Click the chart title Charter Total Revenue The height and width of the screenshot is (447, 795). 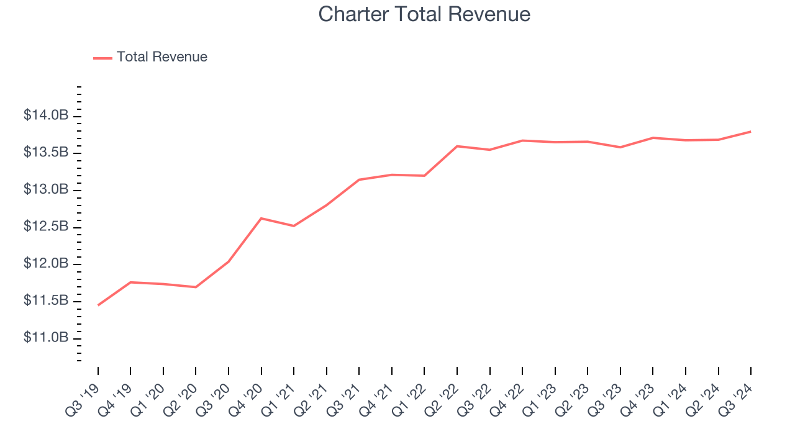pyautogui.click(x=424, y=14)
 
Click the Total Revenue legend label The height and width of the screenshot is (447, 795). pyautogui.click(x=161, y=57)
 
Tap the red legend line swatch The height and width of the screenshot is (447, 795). pyautogui.click(x=102, y=58)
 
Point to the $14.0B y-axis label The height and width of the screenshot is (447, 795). pyautogui.click(x=46, y=115)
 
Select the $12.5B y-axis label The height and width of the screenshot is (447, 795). pyautogui.click(x=46, y=227)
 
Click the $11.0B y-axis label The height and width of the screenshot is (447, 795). pyautogui.click(x=46, y=338)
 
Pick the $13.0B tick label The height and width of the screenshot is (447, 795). pyautogui.click(x=46, y=189)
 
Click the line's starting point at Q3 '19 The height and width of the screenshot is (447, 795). pyautogui.click(x=98, y=305)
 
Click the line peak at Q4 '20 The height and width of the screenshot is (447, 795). pyautogui.click(x=261, y=218)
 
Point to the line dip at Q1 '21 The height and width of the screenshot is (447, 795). pyautogui.click(x=294, y=226)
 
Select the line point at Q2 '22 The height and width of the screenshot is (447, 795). pyautogui.click(x=457, y=146)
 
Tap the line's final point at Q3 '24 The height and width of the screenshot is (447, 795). pyautogui.click(x=750, y=132)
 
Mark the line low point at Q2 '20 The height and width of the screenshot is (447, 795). pyautogui.click(x=196, y=287)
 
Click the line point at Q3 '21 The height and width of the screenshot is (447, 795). pyautogui.click(x=359, y=179)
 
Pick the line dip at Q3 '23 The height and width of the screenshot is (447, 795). pyautogui.click(x=620, y=147)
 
